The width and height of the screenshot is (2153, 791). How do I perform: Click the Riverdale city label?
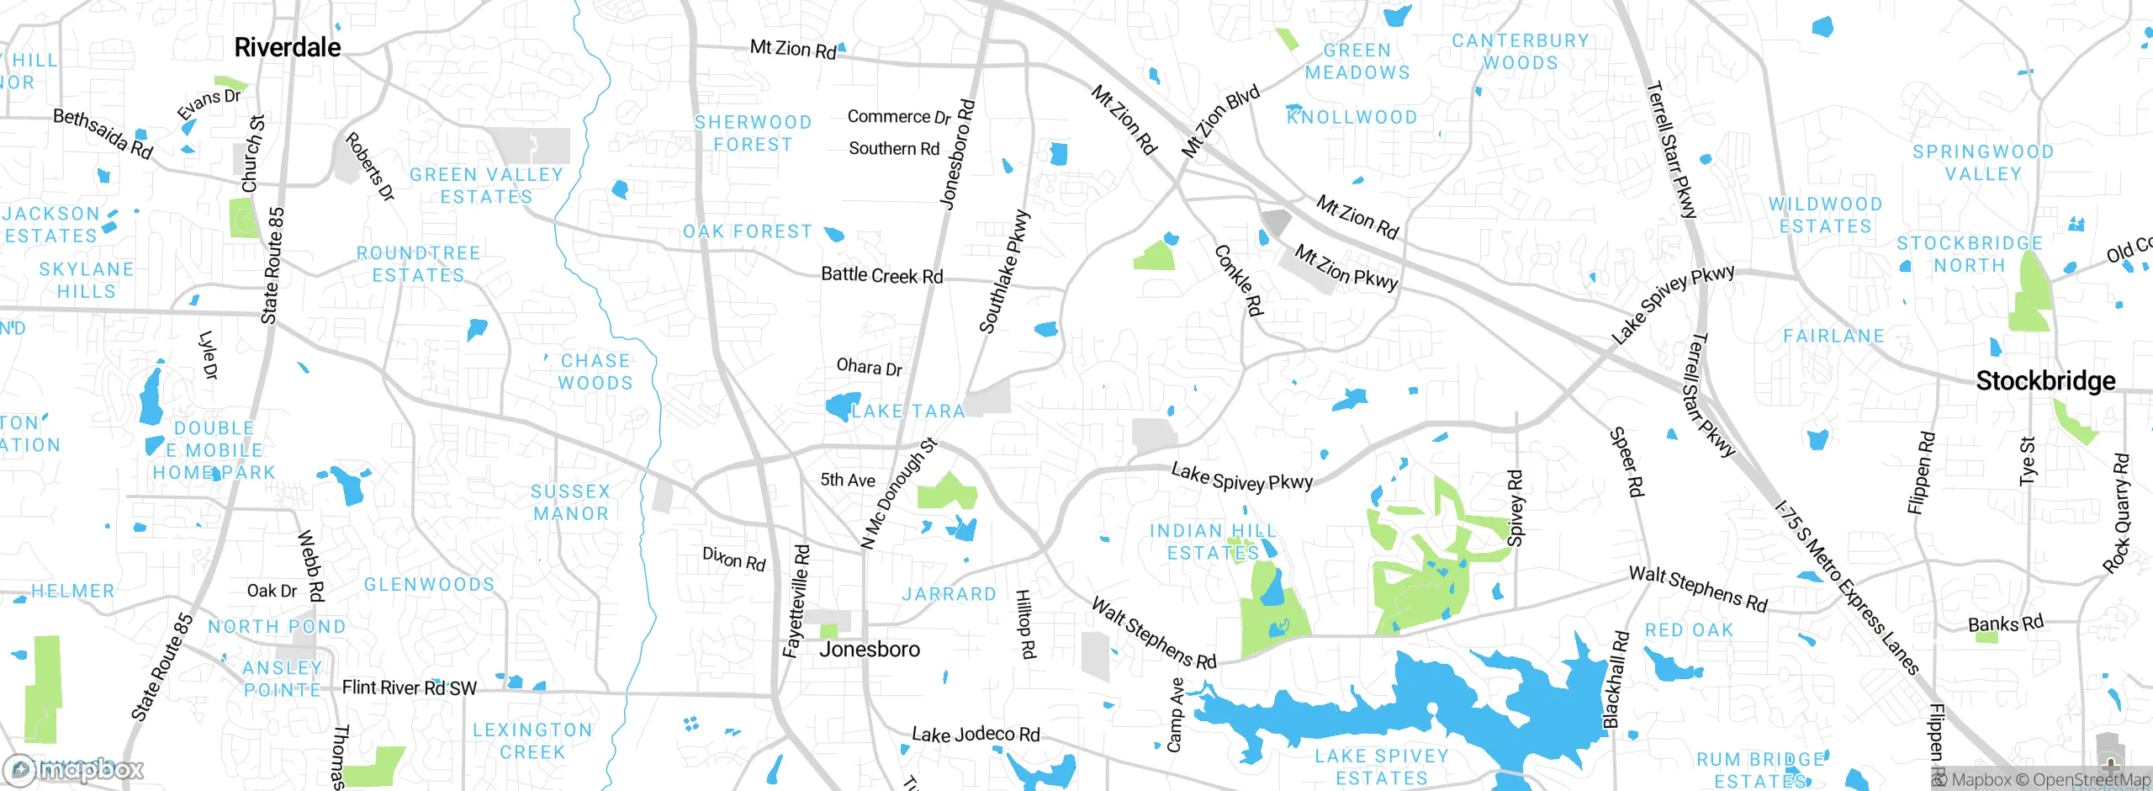click(287, 48)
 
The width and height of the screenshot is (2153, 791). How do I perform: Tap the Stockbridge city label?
click(2045, 381)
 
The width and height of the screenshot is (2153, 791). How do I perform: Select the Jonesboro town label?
click(869, 650)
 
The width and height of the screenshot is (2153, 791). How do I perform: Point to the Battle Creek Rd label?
click(881, 275)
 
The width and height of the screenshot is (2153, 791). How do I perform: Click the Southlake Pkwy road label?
click(1004, 272)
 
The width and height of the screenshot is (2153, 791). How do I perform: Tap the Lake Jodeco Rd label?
click(976, 735)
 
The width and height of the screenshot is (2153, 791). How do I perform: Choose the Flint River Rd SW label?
click(409, 688)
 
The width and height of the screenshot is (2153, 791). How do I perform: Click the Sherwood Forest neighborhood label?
click(753, 134)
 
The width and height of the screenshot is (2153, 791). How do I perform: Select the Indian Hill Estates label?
click(1213, 542)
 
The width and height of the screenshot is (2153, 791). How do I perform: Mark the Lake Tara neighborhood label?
click(907, 411)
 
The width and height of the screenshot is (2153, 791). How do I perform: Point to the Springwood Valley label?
click(1983, 162)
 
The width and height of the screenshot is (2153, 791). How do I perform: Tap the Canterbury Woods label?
click(1521, 51)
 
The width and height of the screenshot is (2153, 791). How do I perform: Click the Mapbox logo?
click(74, 769)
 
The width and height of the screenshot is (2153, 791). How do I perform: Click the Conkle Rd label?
click(1239, 281)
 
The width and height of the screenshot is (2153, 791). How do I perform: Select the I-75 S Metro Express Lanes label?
click(1847, 588)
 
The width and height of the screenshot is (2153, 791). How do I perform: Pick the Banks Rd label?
click(2005, 624)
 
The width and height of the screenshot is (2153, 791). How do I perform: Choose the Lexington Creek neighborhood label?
click(532, 741)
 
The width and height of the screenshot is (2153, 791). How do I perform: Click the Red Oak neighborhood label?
click(1689, 630)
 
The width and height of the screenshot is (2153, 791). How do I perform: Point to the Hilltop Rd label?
click(1026, 624)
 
